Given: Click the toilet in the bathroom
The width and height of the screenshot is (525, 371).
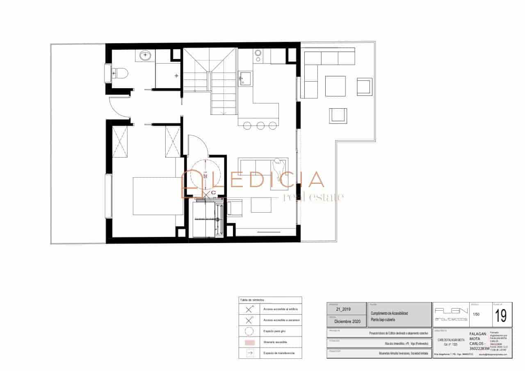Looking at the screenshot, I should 120,73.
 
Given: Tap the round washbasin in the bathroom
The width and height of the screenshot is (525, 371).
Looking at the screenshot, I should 146,55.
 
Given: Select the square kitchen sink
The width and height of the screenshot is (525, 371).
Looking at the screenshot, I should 245,78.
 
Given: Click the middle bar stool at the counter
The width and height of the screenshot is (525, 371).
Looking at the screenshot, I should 260,125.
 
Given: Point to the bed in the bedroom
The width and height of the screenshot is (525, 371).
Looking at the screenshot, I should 158,196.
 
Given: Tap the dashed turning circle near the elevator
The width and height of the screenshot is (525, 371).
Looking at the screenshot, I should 207,174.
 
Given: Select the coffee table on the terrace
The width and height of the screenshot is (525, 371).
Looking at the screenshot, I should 336,85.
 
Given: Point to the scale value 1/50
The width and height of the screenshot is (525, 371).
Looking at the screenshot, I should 476,314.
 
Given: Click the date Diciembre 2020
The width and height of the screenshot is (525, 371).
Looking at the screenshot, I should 347,322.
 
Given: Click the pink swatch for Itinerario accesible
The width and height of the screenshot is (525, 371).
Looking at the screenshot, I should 249,342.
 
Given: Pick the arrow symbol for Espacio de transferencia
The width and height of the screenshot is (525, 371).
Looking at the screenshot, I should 249,353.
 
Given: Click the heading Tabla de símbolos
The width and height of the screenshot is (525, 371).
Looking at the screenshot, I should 252,300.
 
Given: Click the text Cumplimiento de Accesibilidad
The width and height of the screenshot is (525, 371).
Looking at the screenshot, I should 389,313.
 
